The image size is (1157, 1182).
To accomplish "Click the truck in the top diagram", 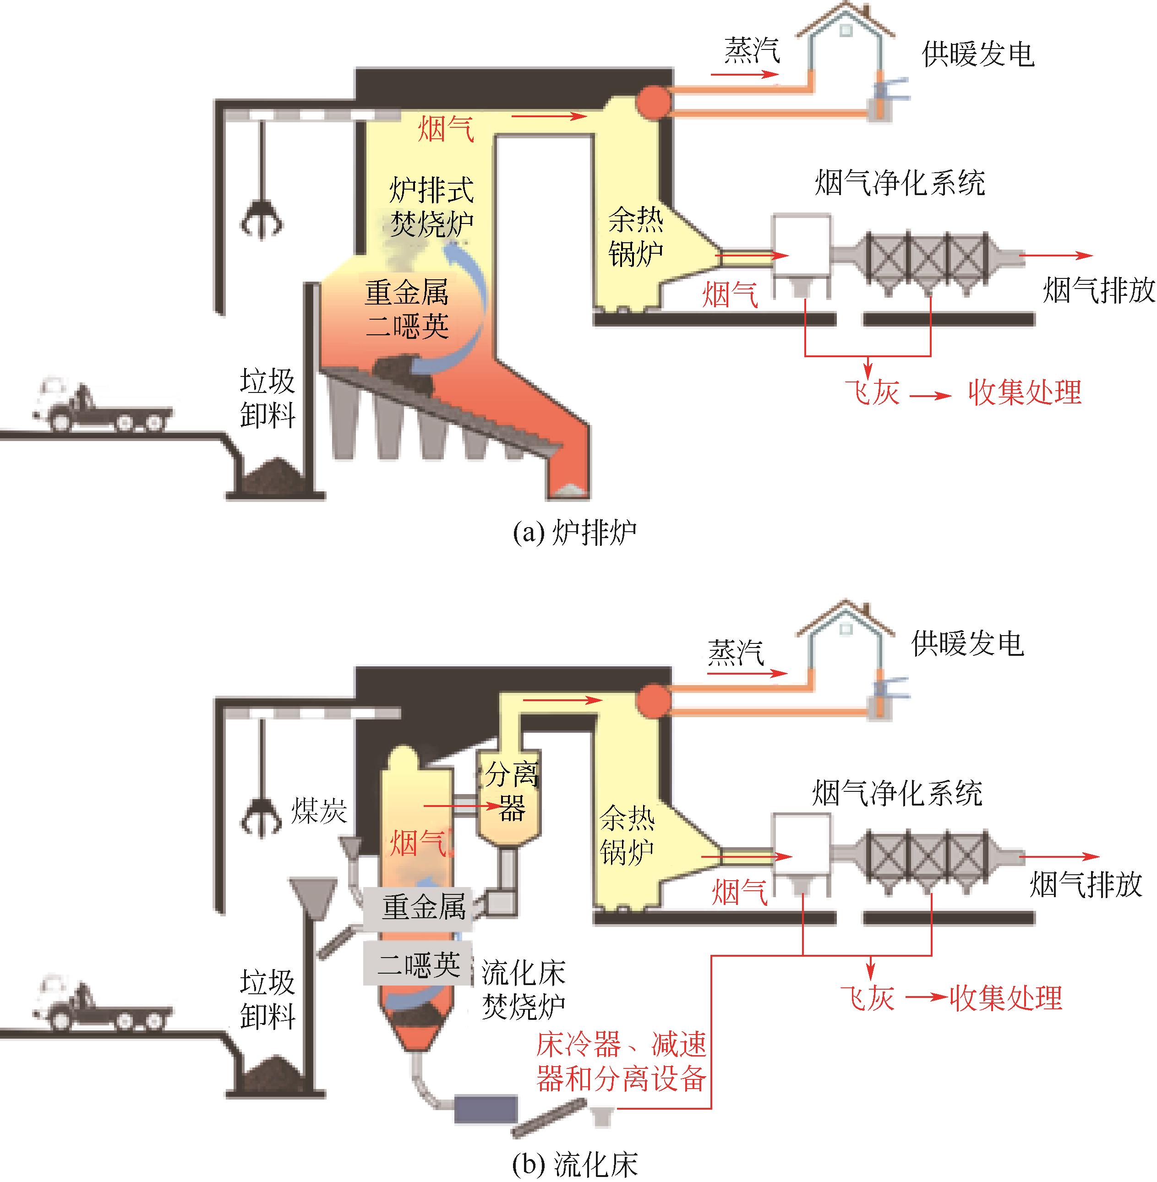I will point(100,406).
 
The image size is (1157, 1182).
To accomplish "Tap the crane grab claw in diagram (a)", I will point(262,219).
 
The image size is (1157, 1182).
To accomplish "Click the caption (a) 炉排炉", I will point(574,533).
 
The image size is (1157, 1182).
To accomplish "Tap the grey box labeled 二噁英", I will point(418,964).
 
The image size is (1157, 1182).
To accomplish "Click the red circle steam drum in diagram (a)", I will point(653,100).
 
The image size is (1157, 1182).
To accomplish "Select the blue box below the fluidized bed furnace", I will point(486,1109).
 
